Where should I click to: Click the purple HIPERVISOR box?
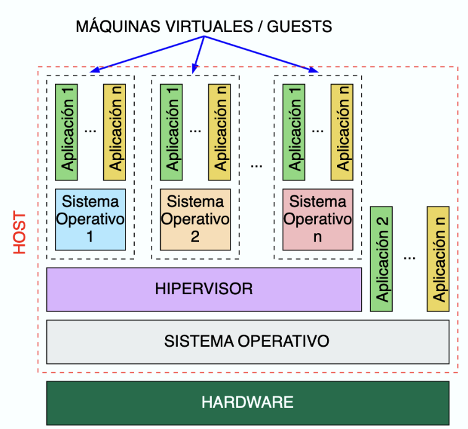point(204,289)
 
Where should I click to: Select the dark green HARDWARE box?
point(247,402)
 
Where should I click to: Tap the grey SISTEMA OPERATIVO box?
point(247,341)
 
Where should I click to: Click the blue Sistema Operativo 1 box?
point(90,219)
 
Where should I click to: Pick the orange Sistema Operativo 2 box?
point(195,219)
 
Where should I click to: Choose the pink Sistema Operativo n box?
point(317,219)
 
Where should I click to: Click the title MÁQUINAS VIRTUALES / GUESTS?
point(203,27)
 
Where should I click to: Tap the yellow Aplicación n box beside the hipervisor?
point(438,259)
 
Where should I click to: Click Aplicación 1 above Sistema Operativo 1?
point(66,132)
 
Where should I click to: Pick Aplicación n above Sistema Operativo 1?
point(114,132)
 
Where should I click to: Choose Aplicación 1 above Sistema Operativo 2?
point(171,132)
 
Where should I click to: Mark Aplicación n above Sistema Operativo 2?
point(219,132)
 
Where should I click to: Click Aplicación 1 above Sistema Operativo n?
point(294,132)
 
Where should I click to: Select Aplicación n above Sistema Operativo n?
point(342,132)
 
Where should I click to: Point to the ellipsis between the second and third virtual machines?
point(257,166)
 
